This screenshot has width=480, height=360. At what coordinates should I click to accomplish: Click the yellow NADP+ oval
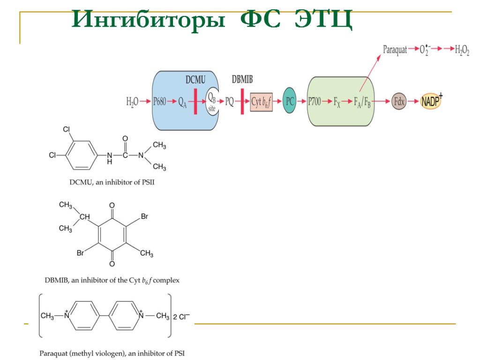click(x=431, y=101)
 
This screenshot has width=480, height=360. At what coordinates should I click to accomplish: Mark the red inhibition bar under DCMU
click(x=195, y=101)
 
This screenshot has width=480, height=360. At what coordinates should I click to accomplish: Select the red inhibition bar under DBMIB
click(x=242, y=101)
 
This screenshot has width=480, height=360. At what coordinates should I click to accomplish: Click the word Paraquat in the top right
click(x=395, y=49)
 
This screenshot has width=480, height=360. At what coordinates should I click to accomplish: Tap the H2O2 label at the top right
click(x=462, y=50)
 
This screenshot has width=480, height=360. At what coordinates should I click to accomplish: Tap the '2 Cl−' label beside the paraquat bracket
click(x=181, y=317)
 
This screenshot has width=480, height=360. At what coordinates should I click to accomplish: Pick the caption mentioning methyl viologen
click(x=112, y=353)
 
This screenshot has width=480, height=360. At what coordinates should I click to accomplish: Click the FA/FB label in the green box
click(x=362, y=102)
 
